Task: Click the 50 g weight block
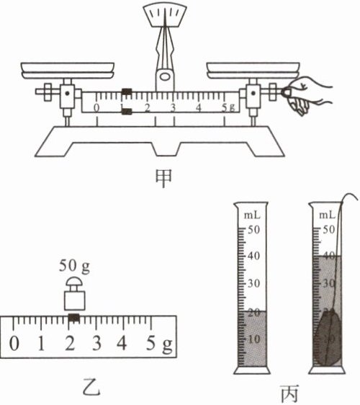(x=75, y=294)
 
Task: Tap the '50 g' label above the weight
(x=74, y=266)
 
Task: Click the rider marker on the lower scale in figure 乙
(x=74, y=318)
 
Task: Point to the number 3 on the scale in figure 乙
(x=96, y=344)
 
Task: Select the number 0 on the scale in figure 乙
(x=14, y=344)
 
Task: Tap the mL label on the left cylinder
(x=252, y=215)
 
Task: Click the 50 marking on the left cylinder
(x=253, y=230)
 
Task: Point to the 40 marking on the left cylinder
(x=253, y=256)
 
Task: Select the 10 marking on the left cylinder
(x=254, y=339)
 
